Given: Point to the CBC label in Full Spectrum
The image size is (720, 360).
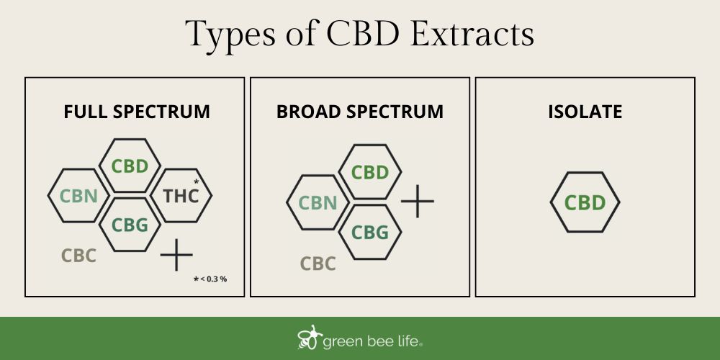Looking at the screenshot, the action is [x=78, y=256].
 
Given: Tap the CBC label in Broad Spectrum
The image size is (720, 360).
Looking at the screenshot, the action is [x=318, y=264].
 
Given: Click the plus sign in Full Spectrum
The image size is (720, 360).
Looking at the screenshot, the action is [x=176, y=255].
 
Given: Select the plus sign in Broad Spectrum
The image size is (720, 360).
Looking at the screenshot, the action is [x=418, y=201].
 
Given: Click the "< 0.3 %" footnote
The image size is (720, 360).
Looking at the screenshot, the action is [x=213, y=279].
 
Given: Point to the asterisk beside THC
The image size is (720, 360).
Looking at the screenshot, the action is [x=196, y=182].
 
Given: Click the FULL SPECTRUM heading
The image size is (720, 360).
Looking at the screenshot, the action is [x=137, y=112].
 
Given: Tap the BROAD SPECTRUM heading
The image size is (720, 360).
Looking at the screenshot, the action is [x=360, y=112].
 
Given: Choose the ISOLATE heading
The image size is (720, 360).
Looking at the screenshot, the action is [x=585, y=112].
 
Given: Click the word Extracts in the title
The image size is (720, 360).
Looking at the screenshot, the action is [x=472, y=34].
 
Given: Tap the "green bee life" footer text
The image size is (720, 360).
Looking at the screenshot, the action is [x=372, y=341].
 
